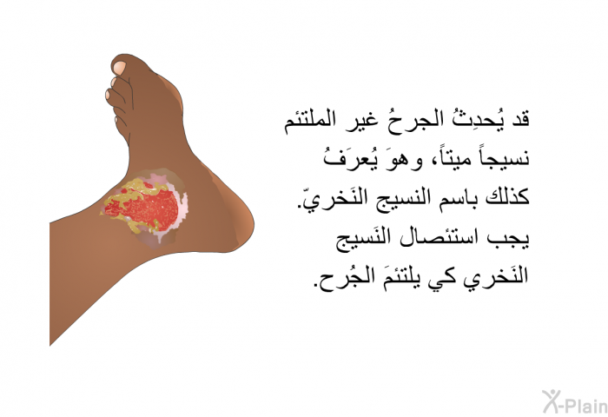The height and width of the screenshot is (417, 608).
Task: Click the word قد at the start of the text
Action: click(519, 118)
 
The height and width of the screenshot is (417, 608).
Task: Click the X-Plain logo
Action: click(574, 402)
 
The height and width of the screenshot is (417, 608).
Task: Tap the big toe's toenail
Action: click(119, 68)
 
